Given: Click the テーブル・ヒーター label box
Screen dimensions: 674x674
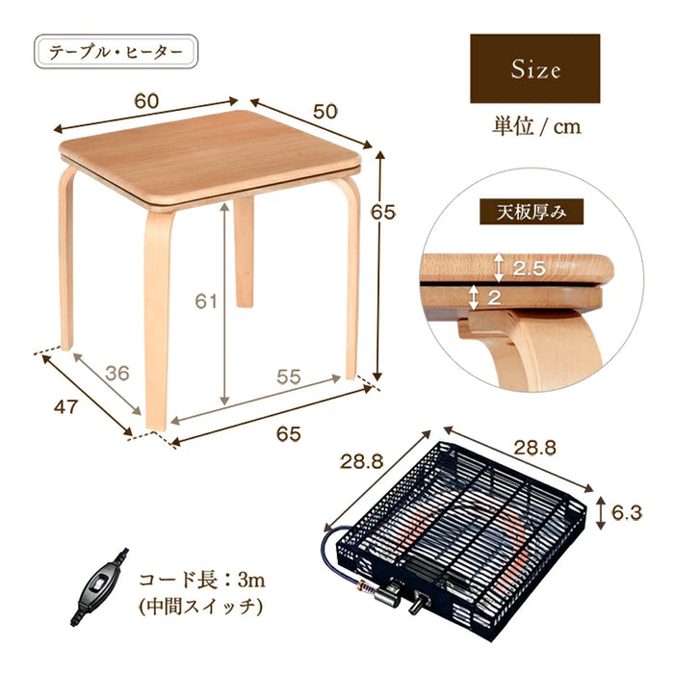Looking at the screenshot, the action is (117, 52).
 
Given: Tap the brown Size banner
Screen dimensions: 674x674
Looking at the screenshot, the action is (534, 68).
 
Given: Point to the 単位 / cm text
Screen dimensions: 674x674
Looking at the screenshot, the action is (536, 127).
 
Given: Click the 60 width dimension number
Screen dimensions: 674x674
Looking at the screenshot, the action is (146, 101).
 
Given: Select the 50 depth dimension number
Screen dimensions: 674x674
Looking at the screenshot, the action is (325, 112).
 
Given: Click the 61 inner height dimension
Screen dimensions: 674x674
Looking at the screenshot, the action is (206, 301).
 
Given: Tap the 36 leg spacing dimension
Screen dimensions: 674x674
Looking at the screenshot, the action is (117, 374).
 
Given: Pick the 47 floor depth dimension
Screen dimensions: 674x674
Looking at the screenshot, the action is (65, 406).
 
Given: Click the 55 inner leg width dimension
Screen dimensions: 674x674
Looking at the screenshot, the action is (289, 377).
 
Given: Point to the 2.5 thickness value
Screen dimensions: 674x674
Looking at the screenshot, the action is (530, 269).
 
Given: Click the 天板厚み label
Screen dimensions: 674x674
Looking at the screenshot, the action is (531, 212).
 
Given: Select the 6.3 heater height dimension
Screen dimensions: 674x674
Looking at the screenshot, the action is (627, 513).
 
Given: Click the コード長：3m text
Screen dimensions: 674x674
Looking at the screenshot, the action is (201, 581).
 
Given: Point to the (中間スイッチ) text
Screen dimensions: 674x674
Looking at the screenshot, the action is (200, 607).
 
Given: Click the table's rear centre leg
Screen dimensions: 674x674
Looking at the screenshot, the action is (245, 251).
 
